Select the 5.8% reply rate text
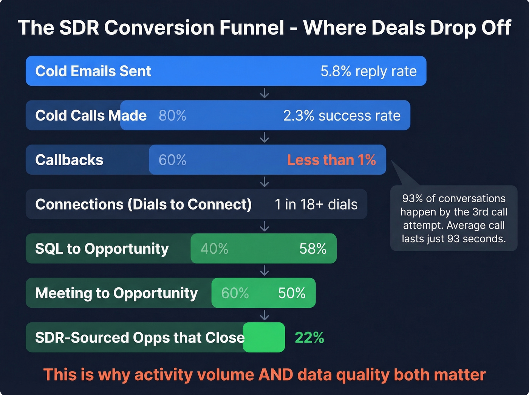click(x=368, y=71)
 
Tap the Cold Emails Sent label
click(x=93, y=71)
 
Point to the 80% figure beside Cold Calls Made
click(x=172, y=116)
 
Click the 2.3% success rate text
click(x=342, y=116)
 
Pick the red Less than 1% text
click(x=331, y=160)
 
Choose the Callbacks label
click(x=69, y=160)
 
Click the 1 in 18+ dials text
click(x=316, y=204)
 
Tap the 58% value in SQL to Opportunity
click(x=313, y=249)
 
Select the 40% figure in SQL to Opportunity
click(x=214, y=249)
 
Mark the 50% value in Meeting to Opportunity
click(x=292, y=293)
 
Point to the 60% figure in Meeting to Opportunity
click(x=235, y=293)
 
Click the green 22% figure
click(x=309, y=338)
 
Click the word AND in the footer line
click(x=275, y=375)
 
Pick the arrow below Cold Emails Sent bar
click(x=264, y=93)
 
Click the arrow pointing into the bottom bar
click(x=264, y=315)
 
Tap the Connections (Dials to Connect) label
click(x=143, y=204)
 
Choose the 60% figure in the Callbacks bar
click(x=172, y=160)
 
